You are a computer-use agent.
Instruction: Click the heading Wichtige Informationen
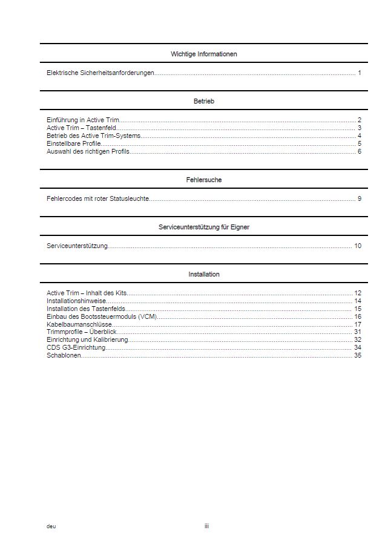click(x=203, y=54)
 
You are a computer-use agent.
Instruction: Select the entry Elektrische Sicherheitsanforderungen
click(x=100, y=73)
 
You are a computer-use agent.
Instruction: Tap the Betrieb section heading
click(x=203, y=101)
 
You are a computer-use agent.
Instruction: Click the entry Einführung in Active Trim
click(x=83, y=120)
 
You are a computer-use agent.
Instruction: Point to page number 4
click(x=359, y=136)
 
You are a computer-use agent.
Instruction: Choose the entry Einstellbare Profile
click(x=74, y=143)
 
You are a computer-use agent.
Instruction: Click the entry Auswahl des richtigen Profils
click(x=88, y=151)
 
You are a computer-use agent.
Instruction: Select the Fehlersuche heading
click(x=203, y=180)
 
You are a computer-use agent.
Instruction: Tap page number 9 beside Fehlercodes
click(x=359, y=198)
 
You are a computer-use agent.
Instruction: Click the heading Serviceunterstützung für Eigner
click(x=203, y=227)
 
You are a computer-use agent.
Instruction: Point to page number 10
click(x=358, y=246)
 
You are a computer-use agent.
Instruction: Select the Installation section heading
click(x=203, y=274)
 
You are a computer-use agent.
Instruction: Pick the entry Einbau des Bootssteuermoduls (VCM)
click(x=102, y=316)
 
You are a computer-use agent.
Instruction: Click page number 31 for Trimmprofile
click(x=358, y=332)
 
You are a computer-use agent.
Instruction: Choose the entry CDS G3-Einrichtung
click(x=76, y=347)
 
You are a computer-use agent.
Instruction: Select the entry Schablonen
click(x=64, y=355)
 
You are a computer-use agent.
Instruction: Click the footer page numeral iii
click(x=206, y=526)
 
